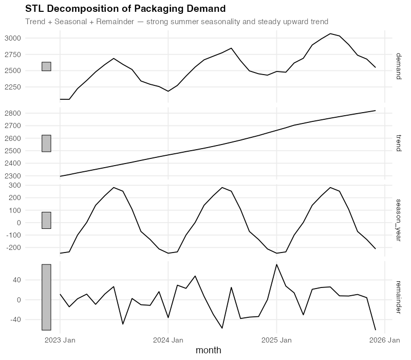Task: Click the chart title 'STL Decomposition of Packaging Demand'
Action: (125, 9)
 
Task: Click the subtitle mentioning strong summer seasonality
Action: (177, 22)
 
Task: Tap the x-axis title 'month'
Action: (209, 350)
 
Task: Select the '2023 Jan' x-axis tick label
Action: (60, 340)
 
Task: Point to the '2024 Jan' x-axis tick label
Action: (169, 340)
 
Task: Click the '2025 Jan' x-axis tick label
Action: (277, 340)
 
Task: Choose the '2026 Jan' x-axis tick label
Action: (385, 340)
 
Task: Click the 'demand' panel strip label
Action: (398, 66)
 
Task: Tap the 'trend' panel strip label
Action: (398, 143)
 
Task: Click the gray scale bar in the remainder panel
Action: (46, 297)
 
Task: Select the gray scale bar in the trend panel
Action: (46, 143)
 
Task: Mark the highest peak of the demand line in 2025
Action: (331, 33)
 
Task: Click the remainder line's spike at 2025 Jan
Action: (277, 264)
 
